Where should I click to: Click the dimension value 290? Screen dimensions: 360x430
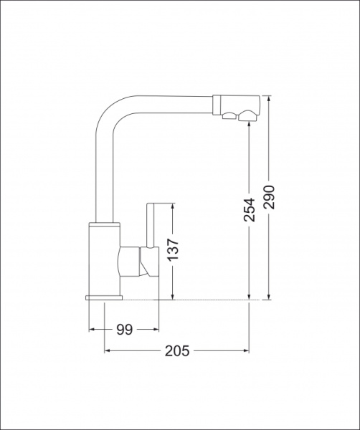coord(269,197)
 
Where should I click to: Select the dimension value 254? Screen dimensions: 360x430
coord(249,209)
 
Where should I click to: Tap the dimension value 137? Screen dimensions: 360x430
coord(173,249)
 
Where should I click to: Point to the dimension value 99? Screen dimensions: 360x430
coord(125,330)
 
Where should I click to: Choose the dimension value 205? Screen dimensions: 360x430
coord(177,350)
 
